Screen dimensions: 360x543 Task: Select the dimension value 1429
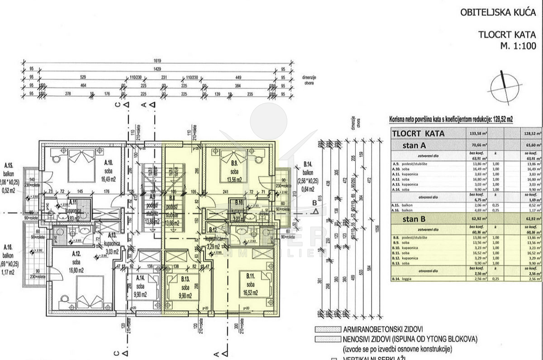click(x=157, y=70)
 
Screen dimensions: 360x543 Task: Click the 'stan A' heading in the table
click(x=414, y=145)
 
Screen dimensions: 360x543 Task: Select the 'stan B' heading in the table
click(x=414, y=220)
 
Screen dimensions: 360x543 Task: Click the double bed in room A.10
click(x=81, y=168)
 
